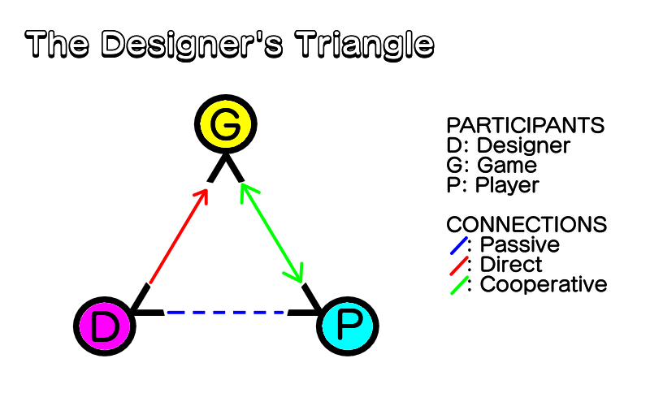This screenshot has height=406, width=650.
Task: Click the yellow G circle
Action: click(226, 124)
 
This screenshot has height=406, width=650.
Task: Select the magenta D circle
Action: click(105, 326)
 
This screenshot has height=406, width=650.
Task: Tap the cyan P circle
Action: click(348, 326)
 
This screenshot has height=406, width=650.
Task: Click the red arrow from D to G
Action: click(178, 236)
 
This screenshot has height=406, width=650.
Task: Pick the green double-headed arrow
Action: click(272, 233)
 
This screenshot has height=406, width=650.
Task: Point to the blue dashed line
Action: click(226, 313)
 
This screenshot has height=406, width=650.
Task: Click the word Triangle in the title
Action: click(365, 45)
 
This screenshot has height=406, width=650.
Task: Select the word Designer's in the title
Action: click(192, 45)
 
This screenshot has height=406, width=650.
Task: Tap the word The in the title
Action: click(57, 44)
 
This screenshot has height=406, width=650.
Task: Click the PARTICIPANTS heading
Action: click(525, 125)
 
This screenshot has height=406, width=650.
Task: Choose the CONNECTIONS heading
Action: click(526, 225)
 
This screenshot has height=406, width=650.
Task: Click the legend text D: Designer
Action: click(509, 145)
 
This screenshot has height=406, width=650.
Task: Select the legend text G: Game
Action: click(492, 165)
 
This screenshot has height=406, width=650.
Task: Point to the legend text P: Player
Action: click(493, 185)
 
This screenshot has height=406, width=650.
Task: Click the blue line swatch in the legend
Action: click(459, 245)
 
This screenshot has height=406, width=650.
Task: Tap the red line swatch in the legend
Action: click(459, 266)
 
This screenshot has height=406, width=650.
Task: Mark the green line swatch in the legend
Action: click(459, 286)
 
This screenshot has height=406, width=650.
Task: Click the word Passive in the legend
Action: click(520, 244)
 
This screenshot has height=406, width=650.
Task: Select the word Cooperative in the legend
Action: click(544, 285)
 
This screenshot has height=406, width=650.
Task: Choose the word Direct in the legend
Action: click(511, 265)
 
